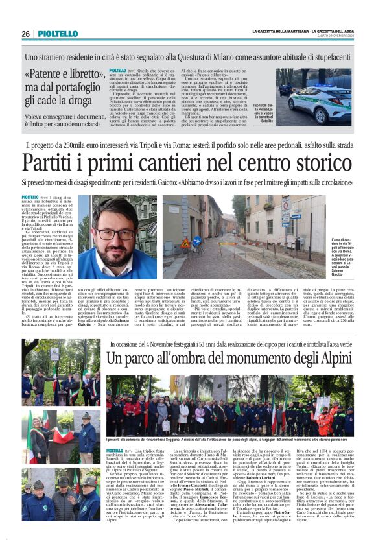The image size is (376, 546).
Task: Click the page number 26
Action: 25,34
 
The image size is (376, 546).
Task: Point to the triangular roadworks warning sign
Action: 185,243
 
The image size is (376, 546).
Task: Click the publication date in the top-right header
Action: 338,37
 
